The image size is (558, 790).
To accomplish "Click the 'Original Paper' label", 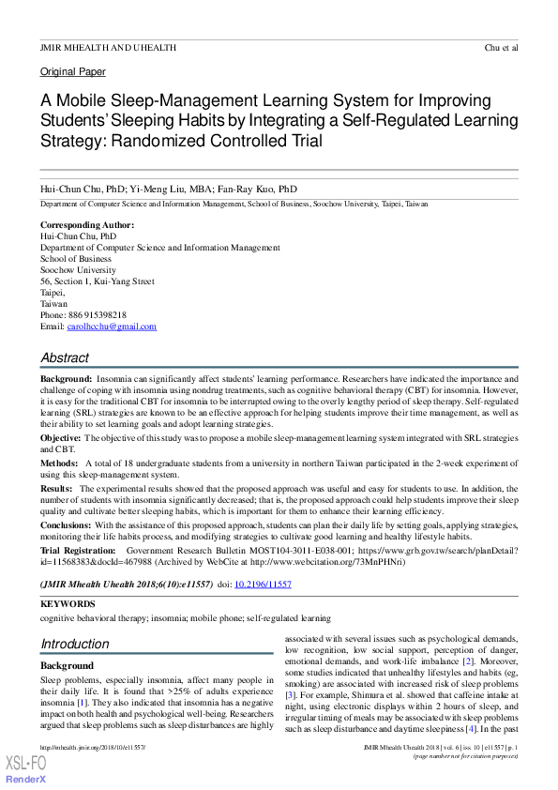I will point(72,72).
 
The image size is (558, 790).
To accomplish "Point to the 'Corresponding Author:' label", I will point(86,225).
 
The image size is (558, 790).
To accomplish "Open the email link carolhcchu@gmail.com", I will point(112,327).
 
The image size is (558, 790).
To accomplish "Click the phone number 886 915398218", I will point(97,315).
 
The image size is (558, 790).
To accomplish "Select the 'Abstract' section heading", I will point(65,357).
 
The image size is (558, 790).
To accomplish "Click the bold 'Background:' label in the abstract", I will point(66,377).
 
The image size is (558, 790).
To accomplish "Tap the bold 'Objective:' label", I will point(60,438).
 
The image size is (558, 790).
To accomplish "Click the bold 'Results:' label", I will point(56,489).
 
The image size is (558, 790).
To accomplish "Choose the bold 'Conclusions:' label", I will point(66,526).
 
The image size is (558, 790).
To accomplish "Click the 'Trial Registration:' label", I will point(78,550).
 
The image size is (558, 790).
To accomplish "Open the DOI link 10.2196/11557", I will point(264,584).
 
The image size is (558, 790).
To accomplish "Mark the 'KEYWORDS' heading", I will point(68,604).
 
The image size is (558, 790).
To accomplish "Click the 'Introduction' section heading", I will point(74,644).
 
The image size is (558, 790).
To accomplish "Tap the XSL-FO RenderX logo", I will point(25,770).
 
